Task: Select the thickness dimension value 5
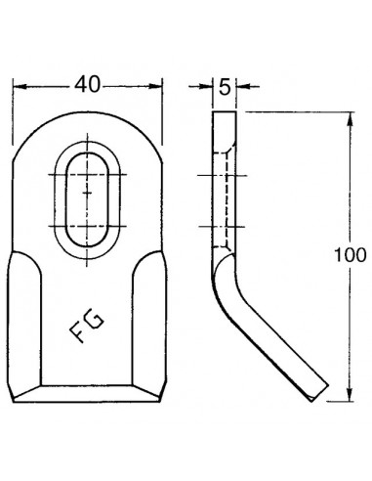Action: coord(224,87)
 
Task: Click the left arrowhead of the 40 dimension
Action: coord(16,86)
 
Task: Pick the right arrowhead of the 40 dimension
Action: coord(160,86)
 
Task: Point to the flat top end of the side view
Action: coord(224,113)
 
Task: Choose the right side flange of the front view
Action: coord(146,323)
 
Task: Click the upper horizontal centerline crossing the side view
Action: coord(224,175)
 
